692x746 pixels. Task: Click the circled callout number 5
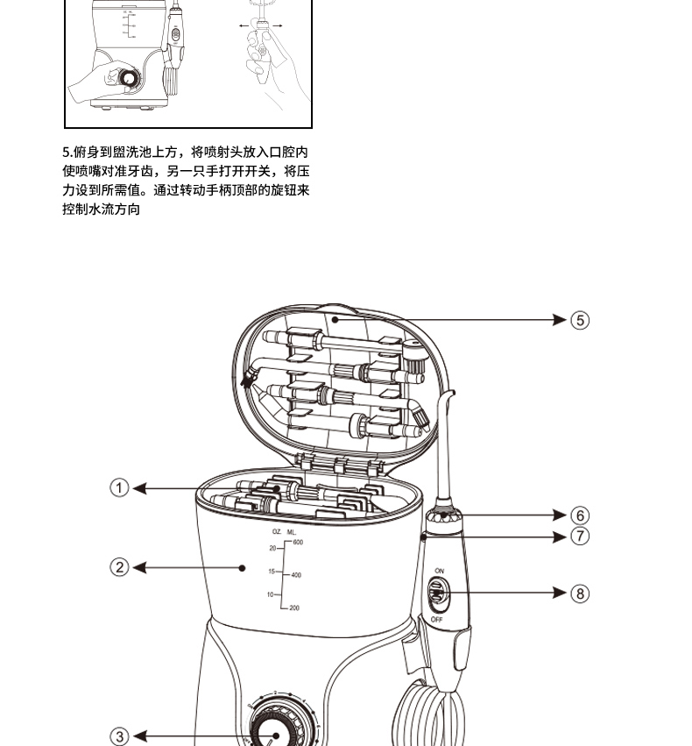pos(580,320)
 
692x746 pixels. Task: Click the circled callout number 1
pos(120,488)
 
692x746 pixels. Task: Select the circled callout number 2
pos(120,567)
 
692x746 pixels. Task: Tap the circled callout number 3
pos(120,736)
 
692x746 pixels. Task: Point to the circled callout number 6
pos(580,515)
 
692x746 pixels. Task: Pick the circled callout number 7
pos(580,535)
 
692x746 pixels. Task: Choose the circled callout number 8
pos(580,593)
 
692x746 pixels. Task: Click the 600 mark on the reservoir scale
pos(298,543)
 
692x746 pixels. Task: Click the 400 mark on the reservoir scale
pos(296,575)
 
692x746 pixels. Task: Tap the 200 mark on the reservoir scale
pos(294,607)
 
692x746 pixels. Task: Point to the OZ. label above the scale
pos(277,532)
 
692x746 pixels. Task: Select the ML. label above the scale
pos(292,532)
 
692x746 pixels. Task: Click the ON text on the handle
pos(439,572)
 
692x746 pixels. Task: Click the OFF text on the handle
pos(436,620)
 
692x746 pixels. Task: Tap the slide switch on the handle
pos(438,595)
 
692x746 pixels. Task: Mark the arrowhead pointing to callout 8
pos(560,593)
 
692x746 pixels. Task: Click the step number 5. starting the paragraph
pos(67,152)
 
